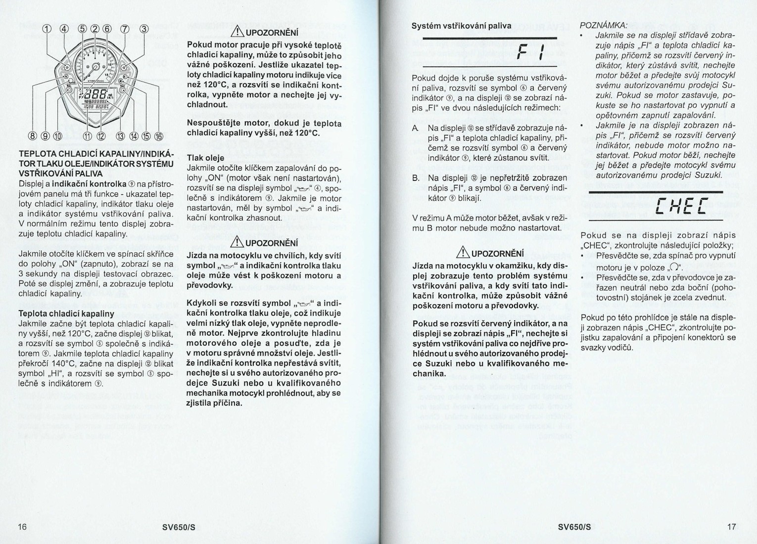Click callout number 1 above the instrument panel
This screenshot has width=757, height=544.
click(47, 28)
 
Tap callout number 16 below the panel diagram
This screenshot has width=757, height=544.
click(159, 136)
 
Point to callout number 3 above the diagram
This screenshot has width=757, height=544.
click(144, 28)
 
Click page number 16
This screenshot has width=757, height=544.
click(22, 526)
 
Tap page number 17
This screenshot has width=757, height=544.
click(732, 526)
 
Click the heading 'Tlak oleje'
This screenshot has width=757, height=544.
click(205, 158)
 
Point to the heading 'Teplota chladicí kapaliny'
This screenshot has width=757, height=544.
click(66, 314)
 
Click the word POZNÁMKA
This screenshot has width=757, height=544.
click(603, 25)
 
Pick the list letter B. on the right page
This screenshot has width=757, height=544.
click(417, 178)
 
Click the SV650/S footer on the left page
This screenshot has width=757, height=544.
click(179, 527)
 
